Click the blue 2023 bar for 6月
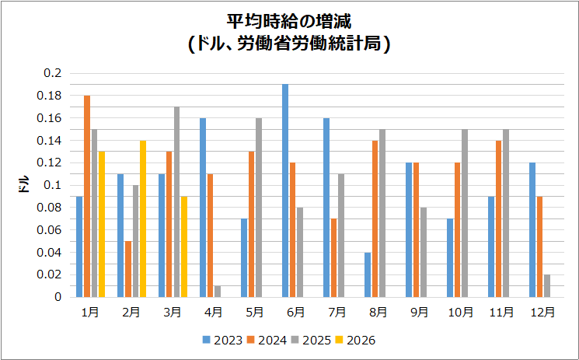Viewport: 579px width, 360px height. pos(285,190)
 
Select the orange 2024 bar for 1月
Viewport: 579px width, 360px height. pos(87,196)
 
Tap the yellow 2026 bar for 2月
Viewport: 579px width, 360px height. pos(143,218)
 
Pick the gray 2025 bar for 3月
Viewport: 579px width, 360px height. pos(176,202)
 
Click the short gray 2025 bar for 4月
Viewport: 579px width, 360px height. pos(218,292)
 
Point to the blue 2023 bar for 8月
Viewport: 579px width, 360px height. pos(368,274)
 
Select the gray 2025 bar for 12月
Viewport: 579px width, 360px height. pos(547,286)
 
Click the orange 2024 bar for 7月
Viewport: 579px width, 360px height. pos(334,257)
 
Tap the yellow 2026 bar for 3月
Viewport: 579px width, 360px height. pos(184,246)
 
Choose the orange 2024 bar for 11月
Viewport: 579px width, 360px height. pos(499,218)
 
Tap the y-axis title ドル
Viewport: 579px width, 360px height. pos(24,185)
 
